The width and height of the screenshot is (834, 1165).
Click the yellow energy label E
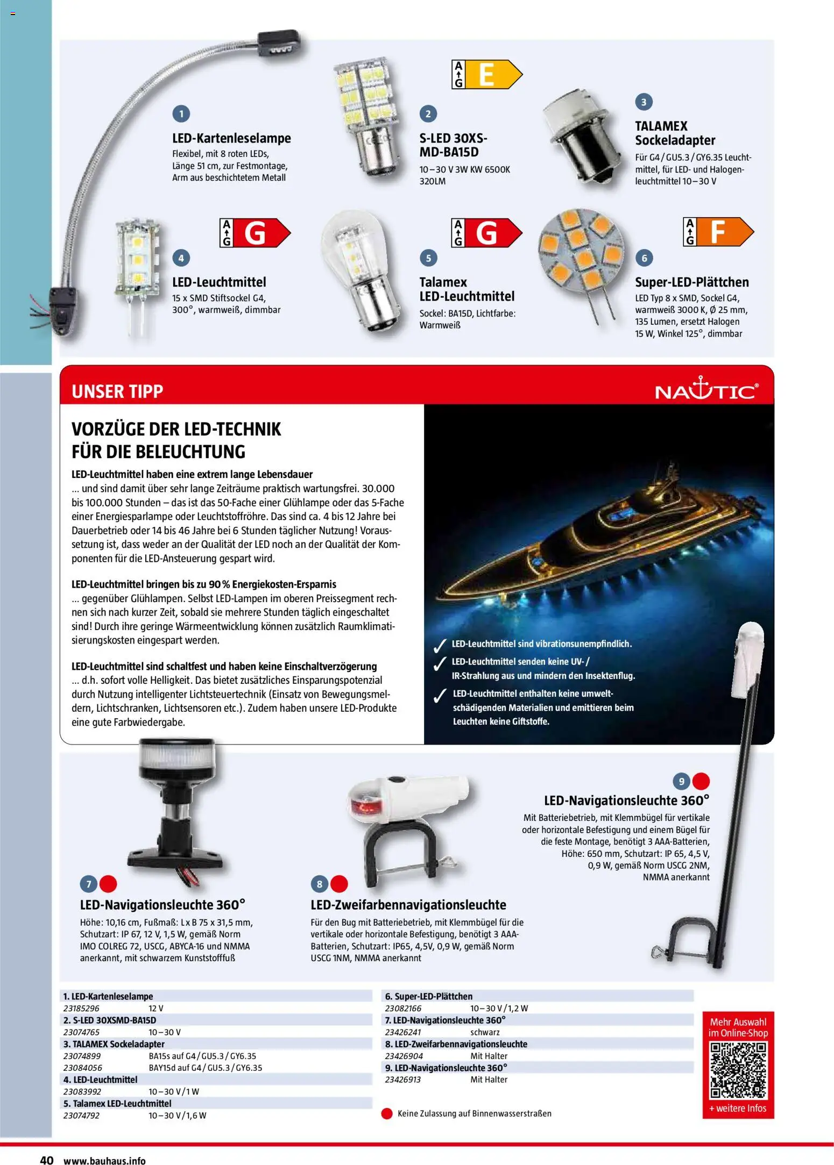486,74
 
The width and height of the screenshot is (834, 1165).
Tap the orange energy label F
718,232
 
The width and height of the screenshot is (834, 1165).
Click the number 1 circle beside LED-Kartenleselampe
181,114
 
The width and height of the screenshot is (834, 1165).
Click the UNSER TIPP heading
117,391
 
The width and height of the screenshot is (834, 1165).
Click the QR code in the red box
738,1071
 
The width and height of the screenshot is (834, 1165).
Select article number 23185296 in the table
81,1009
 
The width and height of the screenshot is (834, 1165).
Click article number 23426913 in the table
403,1080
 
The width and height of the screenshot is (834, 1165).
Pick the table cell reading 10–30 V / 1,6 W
177,1116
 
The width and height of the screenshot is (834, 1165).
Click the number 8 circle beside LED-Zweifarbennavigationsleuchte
320,884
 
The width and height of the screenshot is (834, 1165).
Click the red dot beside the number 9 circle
701,781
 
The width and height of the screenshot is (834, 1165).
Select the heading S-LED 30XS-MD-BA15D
454,145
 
